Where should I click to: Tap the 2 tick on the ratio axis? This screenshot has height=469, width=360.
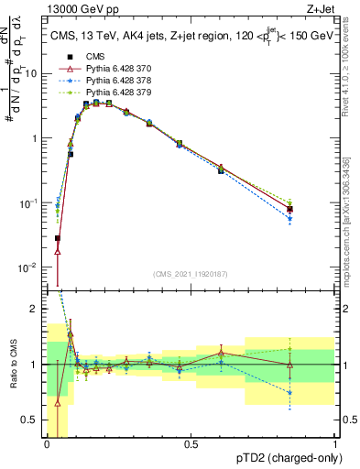coord(37,309)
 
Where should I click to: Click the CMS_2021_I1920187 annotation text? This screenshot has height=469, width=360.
coord(190,274)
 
